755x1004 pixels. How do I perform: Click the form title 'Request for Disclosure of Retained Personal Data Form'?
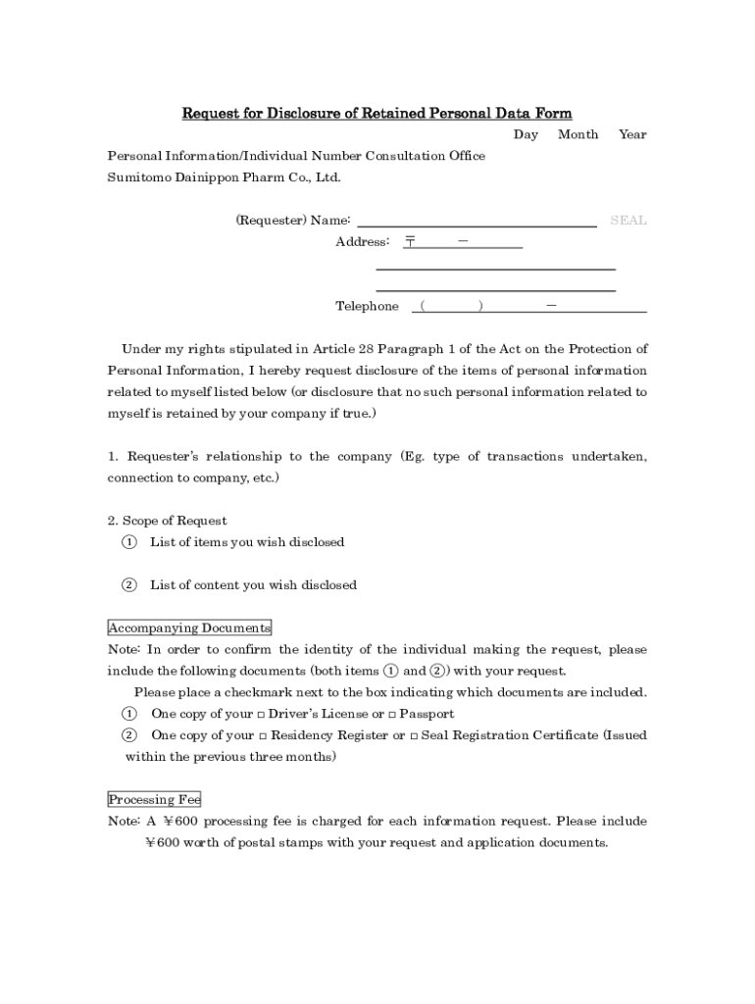coord(377,114)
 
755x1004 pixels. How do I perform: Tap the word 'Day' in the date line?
coord(526,135)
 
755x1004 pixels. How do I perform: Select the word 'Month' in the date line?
coord(578,135)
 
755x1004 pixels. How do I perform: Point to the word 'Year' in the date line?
coord(632,135)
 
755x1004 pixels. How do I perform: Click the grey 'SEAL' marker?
coord(629,221)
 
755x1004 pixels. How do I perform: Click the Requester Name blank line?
coord(477,224)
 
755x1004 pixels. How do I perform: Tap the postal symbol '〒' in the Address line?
coord(411,241)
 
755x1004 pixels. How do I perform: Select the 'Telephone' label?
coord(367,307)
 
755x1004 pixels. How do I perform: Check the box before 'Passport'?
coord(392,715)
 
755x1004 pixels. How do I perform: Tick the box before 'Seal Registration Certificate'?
coord(414,736)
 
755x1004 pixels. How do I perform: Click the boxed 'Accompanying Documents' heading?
coord(189,628)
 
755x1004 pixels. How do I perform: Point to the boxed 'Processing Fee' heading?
coord(154,800)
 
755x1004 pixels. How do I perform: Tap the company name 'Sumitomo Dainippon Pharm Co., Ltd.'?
coord(224,178)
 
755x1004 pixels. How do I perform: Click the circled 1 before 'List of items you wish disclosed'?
coord(128,542)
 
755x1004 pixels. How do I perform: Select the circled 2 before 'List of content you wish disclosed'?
coord(128,585)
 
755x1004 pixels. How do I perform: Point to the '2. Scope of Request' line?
coord(167,521)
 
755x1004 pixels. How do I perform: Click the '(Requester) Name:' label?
coord(293,221)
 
